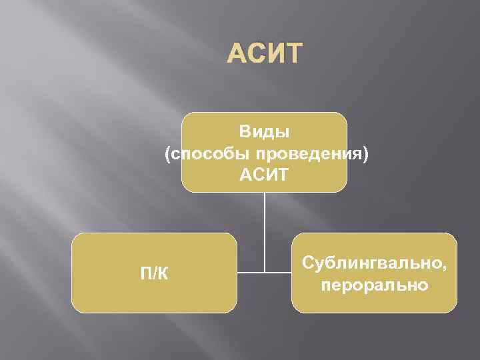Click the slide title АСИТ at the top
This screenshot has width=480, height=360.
265,54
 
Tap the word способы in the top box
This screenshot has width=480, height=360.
203,154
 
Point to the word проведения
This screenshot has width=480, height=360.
303,154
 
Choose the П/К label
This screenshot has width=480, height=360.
154,273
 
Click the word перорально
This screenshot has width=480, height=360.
374,285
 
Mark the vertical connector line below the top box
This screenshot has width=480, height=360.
264,227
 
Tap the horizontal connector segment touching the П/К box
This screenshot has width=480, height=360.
250,272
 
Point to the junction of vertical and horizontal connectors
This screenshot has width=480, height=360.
264,272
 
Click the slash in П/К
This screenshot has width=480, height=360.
154,273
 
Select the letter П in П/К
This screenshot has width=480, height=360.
145,273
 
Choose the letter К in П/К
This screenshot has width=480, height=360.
163,273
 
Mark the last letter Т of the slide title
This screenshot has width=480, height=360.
293,54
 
